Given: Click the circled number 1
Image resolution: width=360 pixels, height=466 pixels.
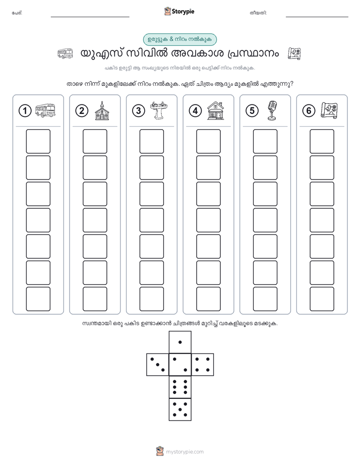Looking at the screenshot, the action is tap(25, 111).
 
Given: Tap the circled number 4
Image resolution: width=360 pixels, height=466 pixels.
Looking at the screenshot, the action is tap(195, 111).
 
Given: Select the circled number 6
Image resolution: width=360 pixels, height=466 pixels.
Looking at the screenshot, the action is tap(309, 111).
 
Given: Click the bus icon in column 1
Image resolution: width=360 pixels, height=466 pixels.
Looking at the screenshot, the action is tap(45, 110).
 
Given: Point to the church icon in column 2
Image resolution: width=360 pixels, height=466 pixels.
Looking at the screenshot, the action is tap(102, 110).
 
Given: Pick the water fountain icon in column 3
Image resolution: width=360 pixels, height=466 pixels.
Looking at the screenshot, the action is tap(159, 110).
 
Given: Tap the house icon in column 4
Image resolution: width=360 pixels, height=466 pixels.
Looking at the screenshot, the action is tap(216, 110).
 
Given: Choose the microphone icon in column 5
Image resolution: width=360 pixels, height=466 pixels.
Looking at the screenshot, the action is tap(272, 110).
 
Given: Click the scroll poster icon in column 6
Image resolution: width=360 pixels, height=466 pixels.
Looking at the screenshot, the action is tap(329, 110).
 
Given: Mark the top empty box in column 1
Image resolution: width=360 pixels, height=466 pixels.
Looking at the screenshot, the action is tap(38, 141).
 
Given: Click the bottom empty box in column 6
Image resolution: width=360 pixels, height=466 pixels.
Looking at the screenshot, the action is tap(322, 299).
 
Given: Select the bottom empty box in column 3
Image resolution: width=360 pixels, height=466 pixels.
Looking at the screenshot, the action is tap(151, 299).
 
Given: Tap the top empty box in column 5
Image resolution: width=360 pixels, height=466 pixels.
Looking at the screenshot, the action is tap(265, 141).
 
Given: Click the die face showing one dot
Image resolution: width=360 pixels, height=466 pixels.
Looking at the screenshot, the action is tap(180, 342).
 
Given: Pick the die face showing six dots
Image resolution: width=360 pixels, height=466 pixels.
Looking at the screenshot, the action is tap(180, 387).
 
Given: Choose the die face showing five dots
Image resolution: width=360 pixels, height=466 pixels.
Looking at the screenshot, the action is tap(180, 409).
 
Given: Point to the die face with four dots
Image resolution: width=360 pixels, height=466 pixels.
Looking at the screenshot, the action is tap(203, 365).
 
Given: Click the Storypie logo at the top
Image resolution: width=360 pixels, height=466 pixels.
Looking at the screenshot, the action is tap(179, 11).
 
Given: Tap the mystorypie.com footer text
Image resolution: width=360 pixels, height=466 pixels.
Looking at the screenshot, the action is tap(185, 452).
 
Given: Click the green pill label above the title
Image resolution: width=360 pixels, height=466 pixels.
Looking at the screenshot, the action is tap(180, 39).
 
